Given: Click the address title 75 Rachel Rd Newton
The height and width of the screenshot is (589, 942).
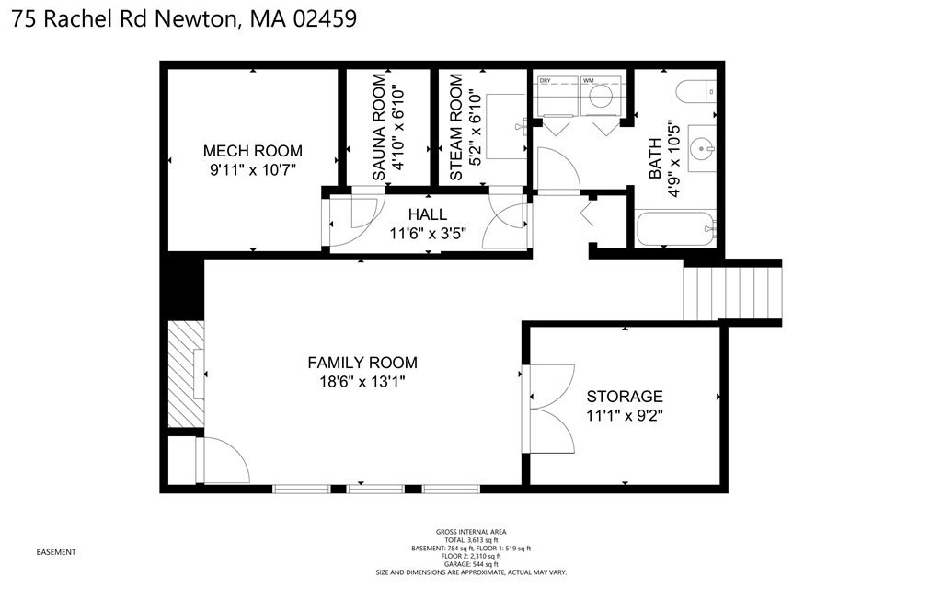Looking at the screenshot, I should click(x=184, y=18).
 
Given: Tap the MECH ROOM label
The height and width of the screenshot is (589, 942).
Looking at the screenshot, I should click(x=252, y=151).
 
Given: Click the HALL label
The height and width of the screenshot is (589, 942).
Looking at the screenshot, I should click(x=428, y=214).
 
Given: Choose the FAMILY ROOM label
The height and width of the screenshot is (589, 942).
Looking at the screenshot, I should click(x=362, y=363).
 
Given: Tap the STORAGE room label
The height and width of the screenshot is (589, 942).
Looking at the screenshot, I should click(x=625, y=396).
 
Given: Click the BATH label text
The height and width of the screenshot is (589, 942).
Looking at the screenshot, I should click(x=655, y=159).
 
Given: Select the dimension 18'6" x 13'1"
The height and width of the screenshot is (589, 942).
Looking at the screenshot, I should click(x=362, y=381).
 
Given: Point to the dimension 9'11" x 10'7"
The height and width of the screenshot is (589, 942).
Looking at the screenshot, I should click(x=252, y=168).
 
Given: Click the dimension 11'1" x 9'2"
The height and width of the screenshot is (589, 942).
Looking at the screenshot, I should click(x=625, y=414).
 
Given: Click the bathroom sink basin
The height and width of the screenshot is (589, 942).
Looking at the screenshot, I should click(x=703, y=146).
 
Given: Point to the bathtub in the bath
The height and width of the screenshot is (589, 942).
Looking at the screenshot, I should click(x=674, y=229).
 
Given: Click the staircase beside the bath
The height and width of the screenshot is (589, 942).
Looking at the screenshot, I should click(x=732, y=290).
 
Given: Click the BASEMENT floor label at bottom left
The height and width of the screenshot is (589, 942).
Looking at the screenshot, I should click(x=55, y=552).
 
